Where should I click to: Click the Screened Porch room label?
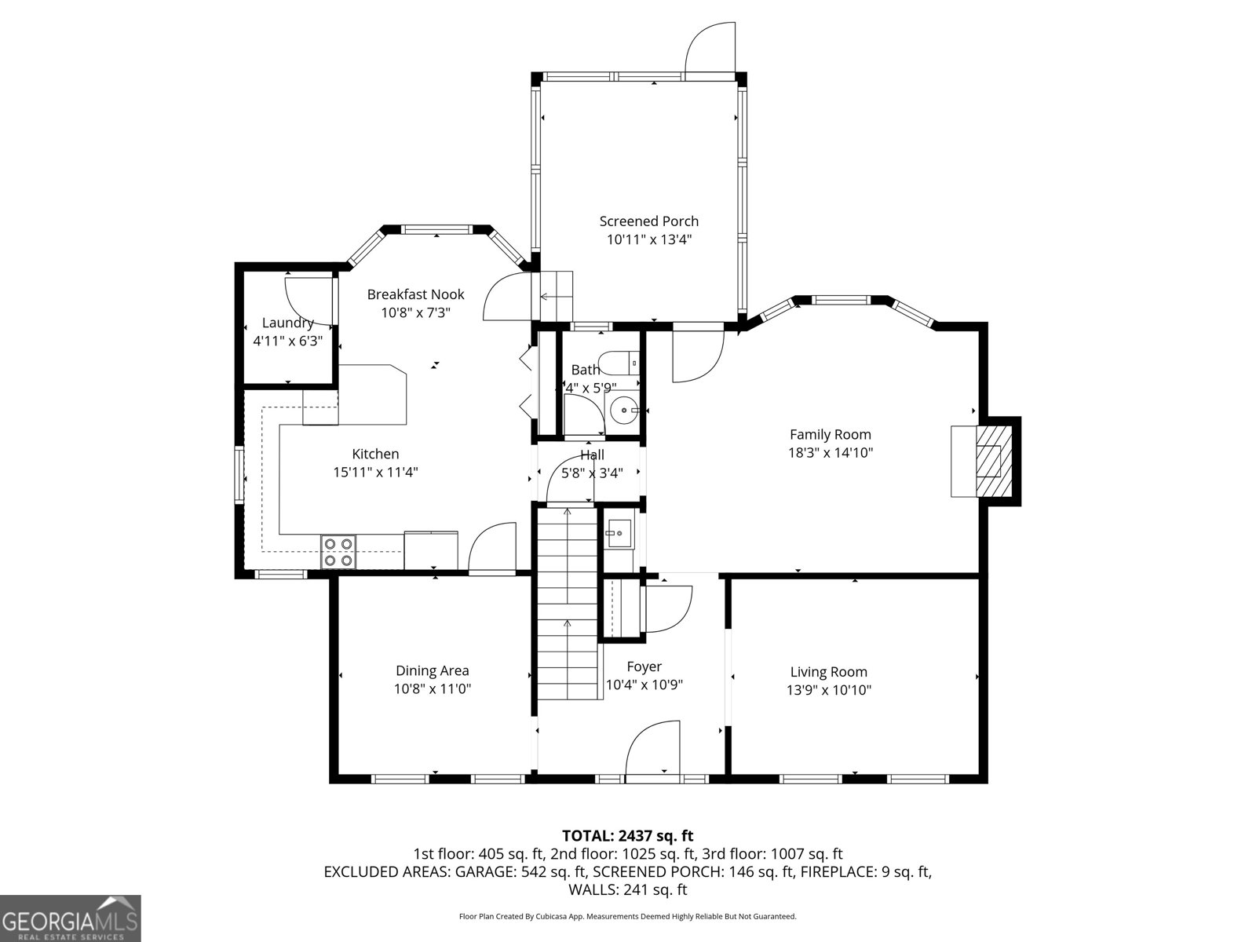click(648, 221)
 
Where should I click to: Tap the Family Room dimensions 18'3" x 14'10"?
click(831, 453)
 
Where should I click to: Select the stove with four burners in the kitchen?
click(338, 551)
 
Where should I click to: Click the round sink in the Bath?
click(623, 410)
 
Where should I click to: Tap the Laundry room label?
click(287, 323)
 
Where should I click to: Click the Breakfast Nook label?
click(415, 294)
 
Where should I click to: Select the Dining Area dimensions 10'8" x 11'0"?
click(433, 689)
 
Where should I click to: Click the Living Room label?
click(828, 672)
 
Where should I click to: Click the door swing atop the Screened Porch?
click(710, 49)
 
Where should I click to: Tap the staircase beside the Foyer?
click(567, 604)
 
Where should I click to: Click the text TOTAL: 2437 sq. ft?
click(627, 836)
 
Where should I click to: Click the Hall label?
click(592, 455)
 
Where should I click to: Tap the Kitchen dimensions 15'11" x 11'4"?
click(376, 473)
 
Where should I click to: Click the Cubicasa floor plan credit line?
click(627, 916)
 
